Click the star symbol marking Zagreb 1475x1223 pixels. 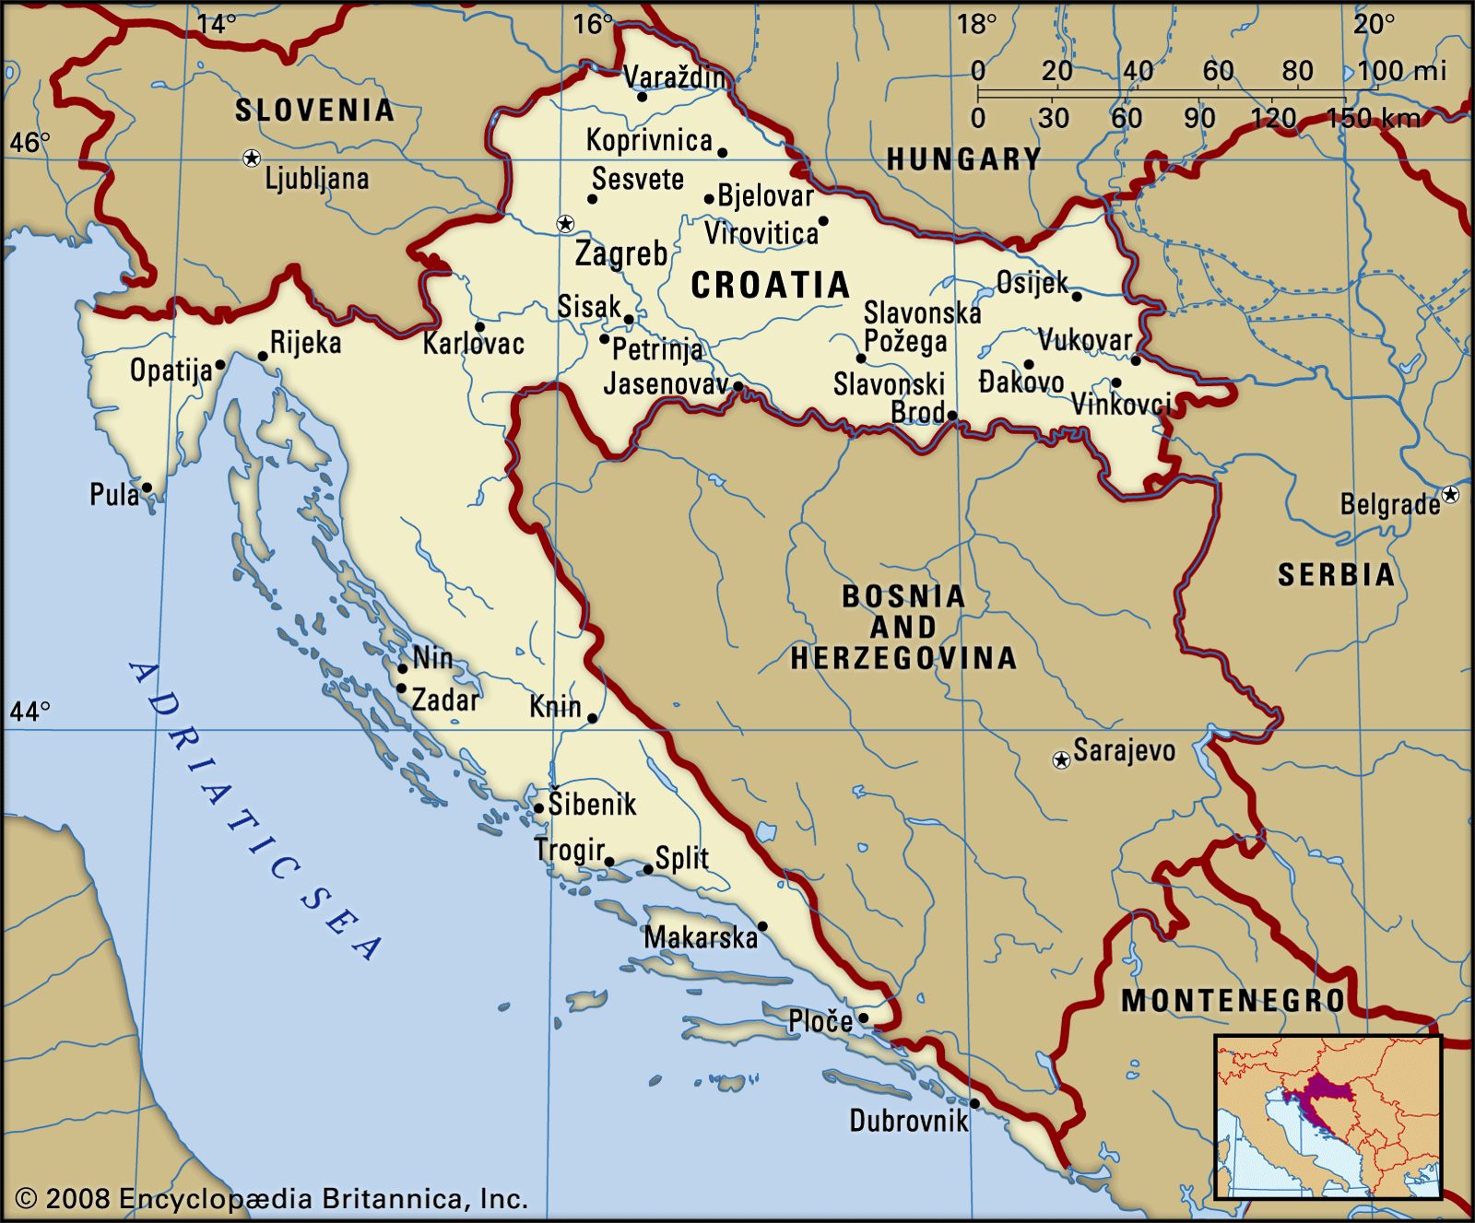[565, 224]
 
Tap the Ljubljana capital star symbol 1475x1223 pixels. [251, 159]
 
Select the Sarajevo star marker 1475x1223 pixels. [1061, 760]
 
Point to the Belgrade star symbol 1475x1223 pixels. [1450, 495]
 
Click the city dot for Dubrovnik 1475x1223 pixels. [974, 1103]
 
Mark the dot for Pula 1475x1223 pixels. [147, 488]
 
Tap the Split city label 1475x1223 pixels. [682, 859]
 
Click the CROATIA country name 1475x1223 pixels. [770, 286]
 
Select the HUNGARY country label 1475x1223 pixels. [963, 160]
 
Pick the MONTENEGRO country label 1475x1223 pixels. [1233, 1000]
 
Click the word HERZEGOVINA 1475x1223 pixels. [903, 658]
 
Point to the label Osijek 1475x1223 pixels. [1032, 283]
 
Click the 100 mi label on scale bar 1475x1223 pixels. [1400, 71]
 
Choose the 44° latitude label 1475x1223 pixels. [30, 711]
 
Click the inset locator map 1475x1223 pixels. [1327, 1117]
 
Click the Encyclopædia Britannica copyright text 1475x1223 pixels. [273, 1199]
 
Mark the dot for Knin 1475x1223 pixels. [593, 719]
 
